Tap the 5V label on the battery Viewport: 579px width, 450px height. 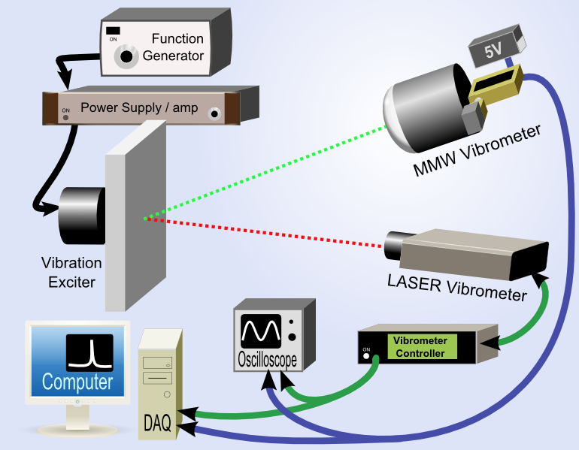[x=493, y=52]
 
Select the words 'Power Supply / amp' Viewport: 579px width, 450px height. [x=139, y=107]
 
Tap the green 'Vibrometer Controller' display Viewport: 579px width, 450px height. [x=420, y=347]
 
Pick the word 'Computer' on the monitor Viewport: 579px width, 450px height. [x=77, y=382]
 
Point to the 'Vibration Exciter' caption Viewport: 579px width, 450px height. [x=71, y=273]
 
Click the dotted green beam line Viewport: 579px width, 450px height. [x=263, y=174]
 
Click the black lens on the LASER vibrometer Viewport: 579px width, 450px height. [x=393, y=243]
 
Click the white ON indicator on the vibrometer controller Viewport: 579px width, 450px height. [x=367, y=358]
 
